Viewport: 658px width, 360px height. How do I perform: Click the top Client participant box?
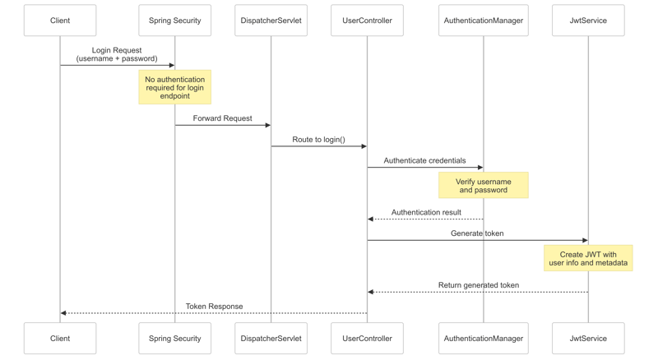coord(60,21)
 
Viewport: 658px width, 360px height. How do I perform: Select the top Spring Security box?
coord(174,21)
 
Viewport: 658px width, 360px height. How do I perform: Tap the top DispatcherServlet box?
coord(271,21)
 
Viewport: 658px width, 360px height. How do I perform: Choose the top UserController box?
coord(367,21)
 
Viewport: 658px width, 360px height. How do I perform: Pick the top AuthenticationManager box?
coord(483,21)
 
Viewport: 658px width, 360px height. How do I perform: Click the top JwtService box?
coord(588,21)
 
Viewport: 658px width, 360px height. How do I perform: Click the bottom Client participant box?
coord(60,338)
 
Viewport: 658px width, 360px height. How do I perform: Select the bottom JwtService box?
coord(588,338)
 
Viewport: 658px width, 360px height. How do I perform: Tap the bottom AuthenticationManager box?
coord(483,338)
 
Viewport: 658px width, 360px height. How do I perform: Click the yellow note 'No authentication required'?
coord(174,87)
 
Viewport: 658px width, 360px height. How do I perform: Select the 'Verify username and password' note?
coord(483,186)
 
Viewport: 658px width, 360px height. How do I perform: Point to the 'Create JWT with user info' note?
coord(588,258)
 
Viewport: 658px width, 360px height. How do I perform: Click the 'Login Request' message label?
coord(117,54)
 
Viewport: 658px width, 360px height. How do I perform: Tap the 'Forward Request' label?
coord(222,118)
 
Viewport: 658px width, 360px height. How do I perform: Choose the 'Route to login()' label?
coord(318,140)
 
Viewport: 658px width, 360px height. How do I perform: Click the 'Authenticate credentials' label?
coord(424,160)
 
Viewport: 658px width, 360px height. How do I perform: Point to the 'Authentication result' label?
coord(426,212)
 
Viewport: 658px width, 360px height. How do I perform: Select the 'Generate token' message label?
coord(477,233)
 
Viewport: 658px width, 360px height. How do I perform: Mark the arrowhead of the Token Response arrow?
coord(63,313)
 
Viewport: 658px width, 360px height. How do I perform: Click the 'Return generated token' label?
coord(478,285)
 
